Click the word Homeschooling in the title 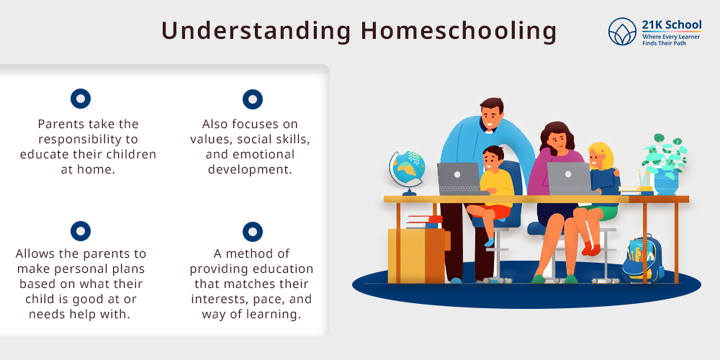point(459,32)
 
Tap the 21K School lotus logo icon point(622,32)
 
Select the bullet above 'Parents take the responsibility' point(81,99)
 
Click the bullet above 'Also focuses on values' point(253,99)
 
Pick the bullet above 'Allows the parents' point(81,231)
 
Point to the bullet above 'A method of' point(253,231)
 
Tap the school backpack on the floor point(643,258)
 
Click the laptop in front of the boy point(459,179)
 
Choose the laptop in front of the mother point(570,179)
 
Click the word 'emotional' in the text point(251,154)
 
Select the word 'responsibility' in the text point(88,140)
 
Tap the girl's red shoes point(590,248)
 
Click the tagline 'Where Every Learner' point(671,37)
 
